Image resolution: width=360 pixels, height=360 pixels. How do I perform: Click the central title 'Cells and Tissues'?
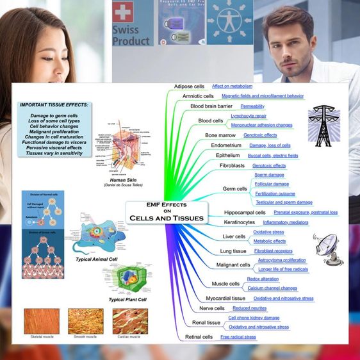click(x=167, y=218)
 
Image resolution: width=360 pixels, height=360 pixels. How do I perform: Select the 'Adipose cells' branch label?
click(x=189, y=86)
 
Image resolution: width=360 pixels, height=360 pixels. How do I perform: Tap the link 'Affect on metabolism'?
click(x=233, y=86)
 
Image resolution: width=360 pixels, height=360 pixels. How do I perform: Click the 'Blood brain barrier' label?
click(x=211, y=106)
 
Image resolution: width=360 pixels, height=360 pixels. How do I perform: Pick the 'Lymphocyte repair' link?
click(x=249, y=116)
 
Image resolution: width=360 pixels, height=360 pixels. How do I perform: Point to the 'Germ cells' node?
click(x=234, y=189)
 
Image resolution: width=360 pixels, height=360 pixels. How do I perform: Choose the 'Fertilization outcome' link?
click(x=275, y=193)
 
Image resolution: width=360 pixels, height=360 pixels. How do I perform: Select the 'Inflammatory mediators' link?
click(x=285, y=222)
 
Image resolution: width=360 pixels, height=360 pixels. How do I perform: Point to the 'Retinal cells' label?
click(x=199, y=337)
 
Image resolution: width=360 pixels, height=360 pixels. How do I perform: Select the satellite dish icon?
click(x=329, y=248)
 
